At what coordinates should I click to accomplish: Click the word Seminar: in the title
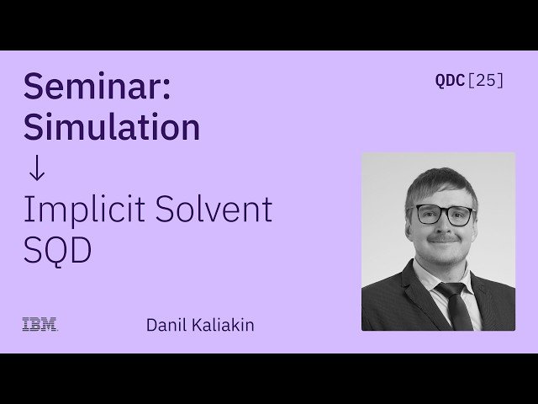(97, 87)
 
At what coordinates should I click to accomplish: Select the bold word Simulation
(112, 127)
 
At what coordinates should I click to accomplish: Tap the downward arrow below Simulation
(35, 168)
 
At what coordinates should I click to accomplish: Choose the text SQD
(57, 250)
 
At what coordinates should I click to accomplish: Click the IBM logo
(39, 324)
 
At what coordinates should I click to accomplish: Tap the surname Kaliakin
(223, 325)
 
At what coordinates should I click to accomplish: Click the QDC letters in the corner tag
(449, 81)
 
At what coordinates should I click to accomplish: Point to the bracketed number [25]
(485, 81)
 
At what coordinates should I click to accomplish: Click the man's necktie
(456, 305)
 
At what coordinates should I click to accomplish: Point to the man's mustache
(444, 238)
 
